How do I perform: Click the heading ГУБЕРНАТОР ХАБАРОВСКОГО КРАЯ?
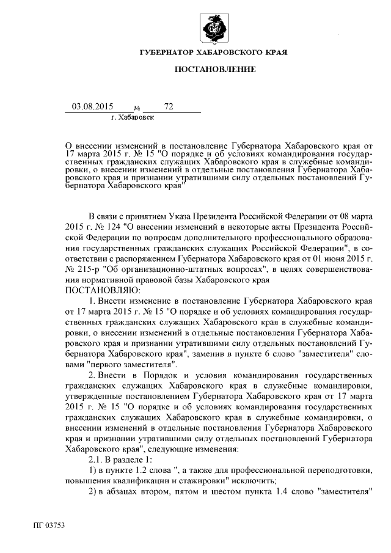[213, 53]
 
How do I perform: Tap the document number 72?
[169, 106]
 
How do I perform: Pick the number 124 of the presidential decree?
[112, 226]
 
